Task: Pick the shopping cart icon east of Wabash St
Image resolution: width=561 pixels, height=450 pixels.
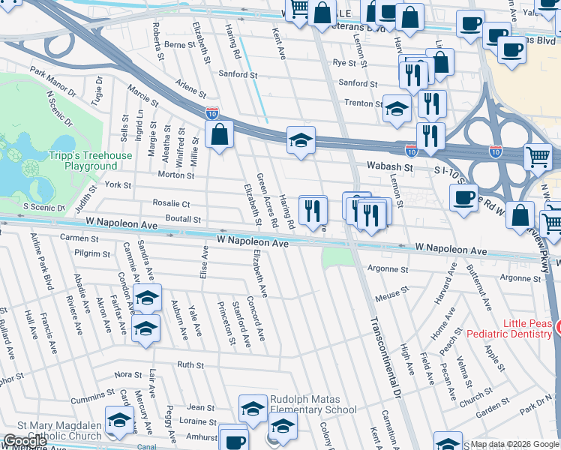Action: [x=538, y=157]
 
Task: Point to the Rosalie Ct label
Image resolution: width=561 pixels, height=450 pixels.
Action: [x=171, y=203]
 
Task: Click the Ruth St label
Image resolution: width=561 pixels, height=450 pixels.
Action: [x=190, y=364]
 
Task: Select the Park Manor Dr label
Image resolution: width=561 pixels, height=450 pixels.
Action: [x=53, y=82]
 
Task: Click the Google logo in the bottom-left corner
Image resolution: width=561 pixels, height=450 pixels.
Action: [x=25, y=440]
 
